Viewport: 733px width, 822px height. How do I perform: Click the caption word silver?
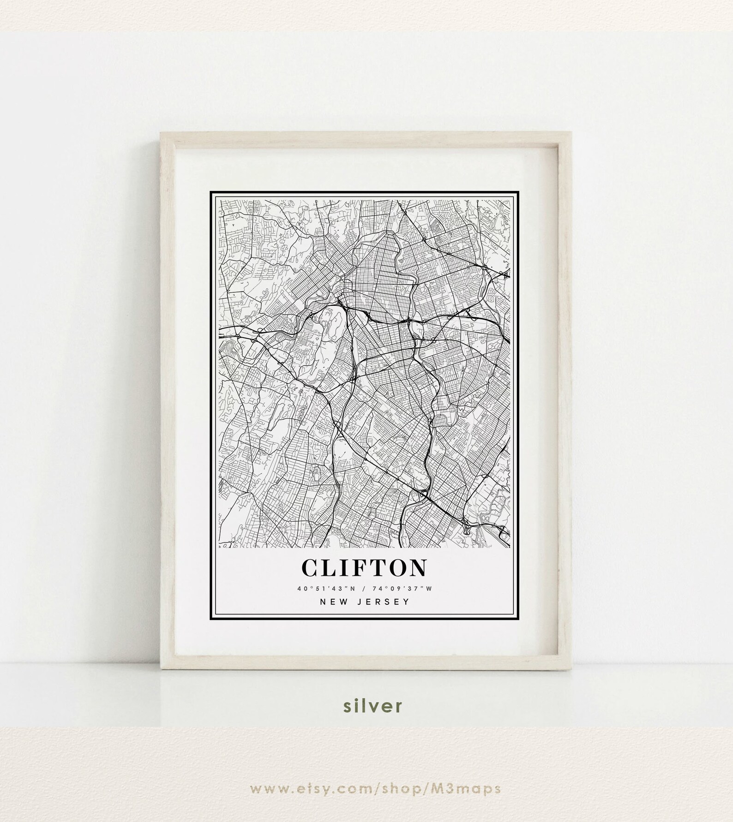click(366, 719)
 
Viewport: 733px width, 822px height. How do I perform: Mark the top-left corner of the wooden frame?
click(160, 132)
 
